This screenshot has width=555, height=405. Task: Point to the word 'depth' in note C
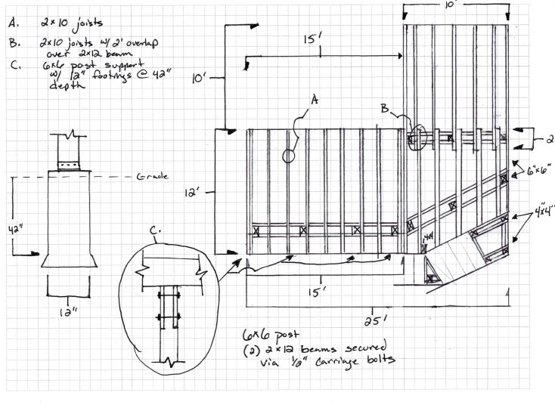[64, 85]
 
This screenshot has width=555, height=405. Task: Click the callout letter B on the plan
[386, 108]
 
